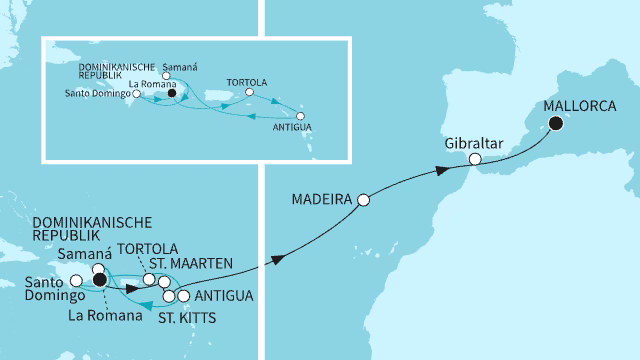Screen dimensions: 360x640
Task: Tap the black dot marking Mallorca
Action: (x=554, y=125)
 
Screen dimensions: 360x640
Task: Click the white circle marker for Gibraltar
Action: (x=476, y=159)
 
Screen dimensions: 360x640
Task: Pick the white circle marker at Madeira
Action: (x=364, y=199)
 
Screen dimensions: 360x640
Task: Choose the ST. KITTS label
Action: (x=187, y=318)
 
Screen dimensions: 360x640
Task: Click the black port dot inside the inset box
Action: (x=173, y=97)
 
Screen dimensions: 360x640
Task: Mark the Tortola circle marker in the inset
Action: (x=248, y=96)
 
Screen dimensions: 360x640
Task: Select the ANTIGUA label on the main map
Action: (x=222, y=296)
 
